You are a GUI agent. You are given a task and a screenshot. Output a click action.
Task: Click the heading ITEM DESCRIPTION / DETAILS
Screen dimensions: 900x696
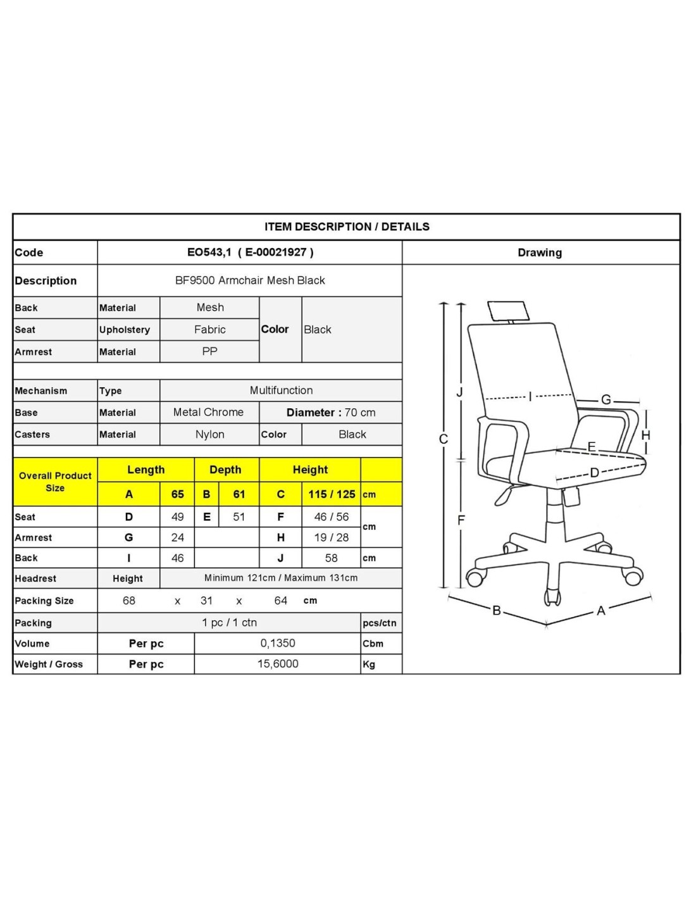(x=347, y=227)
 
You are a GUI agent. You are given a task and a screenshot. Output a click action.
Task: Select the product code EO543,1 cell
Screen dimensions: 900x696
(x=250, y=252)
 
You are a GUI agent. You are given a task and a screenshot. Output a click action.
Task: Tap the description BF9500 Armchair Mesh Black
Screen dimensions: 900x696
(x=250, y=280)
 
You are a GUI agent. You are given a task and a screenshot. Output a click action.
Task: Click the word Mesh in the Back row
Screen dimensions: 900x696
(x=210, y=308)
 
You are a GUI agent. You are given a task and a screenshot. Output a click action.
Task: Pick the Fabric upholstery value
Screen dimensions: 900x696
(x=210, y=330)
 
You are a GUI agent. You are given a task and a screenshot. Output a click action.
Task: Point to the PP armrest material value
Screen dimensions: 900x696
(x=210, y=351)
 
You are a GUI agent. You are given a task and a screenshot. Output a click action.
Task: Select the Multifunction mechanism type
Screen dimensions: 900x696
(x=281, y=391)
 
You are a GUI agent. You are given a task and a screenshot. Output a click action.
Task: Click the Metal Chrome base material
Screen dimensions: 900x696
(x=208, y=413)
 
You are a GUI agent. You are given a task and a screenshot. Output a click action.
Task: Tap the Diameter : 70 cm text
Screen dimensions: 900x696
(x=331, y=413)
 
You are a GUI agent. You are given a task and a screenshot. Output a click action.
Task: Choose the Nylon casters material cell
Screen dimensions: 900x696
(x=210, y=434)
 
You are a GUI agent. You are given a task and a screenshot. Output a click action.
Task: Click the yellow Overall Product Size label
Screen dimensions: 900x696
(x=55, y=482)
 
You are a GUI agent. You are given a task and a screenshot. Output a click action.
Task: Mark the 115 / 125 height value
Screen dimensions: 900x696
(x=332, y=494)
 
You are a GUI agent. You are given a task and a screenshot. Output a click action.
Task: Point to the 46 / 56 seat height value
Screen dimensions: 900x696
(x=332, y=517)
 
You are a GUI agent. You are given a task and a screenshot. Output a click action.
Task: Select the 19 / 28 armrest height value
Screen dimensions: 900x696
(x=332, y=538)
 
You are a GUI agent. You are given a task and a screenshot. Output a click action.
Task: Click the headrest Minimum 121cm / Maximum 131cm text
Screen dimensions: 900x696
(x=281, y=578)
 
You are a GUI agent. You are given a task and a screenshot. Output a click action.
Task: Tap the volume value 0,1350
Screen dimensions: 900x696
(x=278, y=643)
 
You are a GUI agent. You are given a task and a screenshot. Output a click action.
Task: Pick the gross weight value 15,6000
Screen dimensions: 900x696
(x=278, y=664)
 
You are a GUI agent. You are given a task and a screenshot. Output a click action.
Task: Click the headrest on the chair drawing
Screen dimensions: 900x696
(x=507, y=309)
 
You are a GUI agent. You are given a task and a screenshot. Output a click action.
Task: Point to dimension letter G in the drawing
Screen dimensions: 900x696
(x=606, y=400)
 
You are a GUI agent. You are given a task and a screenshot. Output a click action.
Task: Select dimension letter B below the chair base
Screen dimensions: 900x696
(x=497, y=611)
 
